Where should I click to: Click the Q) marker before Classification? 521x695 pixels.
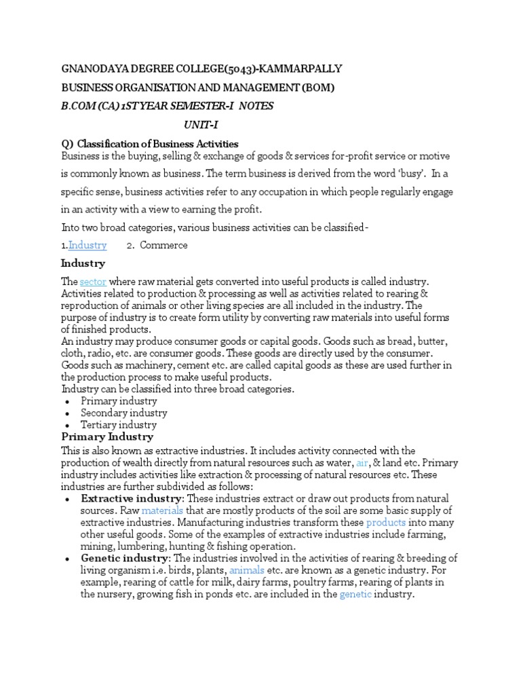click(x=67, y=144)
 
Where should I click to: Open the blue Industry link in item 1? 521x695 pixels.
click(x=88, y=245)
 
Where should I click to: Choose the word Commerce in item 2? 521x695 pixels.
click(x=163, y=245)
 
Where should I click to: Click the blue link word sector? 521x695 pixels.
click(x=92, y=282)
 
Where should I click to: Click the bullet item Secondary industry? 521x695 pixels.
click(x=124, y=413)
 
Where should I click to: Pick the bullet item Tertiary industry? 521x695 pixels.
click(x=119, y=425)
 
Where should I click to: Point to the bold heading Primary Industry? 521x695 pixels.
click(x=107, y=437)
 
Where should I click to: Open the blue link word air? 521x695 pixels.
click(x=362, y=463)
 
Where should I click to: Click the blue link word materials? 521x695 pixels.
click(x=162, y=510)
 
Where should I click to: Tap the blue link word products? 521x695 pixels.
click(x=386, y=523)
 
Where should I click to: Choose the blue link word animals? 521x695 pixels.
click(x=247, y=570)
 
